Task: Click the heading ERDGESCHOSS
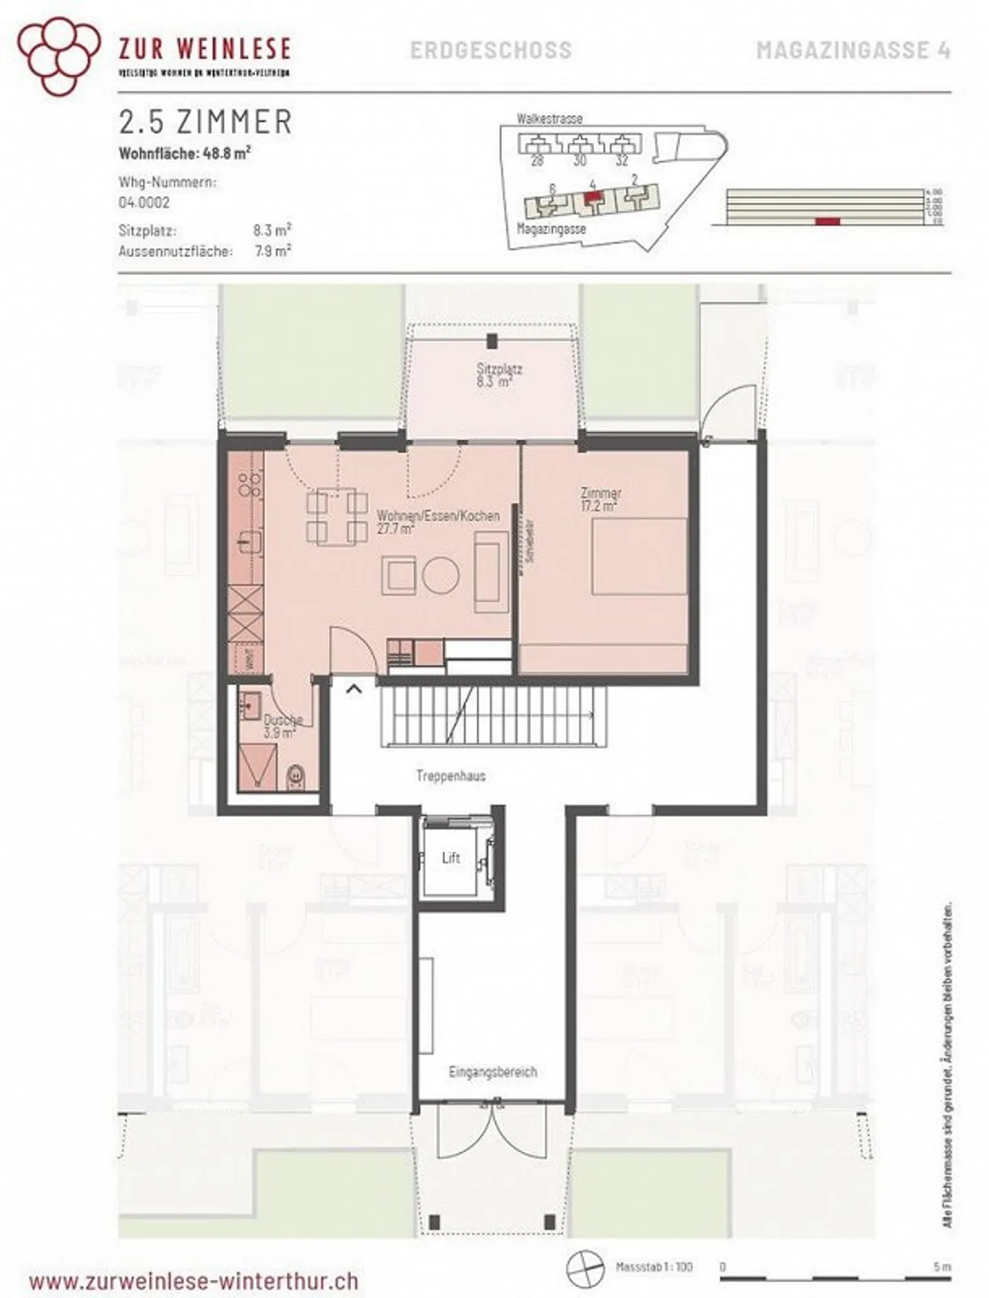click(x=490, y=50)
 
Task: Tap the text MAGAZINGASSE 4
click(x=853, y=50)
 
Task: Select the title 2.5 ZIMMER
click(x=205, y=122)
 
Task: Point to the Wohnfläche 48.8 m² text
click(x=184, y=153)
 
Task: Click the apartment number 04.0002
click(x=144, y=203)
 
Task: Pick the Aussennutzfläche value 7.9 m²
click(x=273, y=251)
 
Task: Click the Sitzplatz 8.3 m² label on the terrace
click(x=499, y=375)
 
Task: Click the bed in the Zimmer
click(x=639, y=557)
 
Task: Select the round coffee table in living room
click(x=440, y=574)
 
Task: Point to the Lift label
click(x=451, y=858)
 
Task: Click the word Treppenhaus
click(x=451, y=776)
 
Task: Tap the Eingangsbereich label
click(x=492, y=1071)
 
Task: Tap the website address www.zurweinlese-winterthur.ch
click(x=194, y=1281)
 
